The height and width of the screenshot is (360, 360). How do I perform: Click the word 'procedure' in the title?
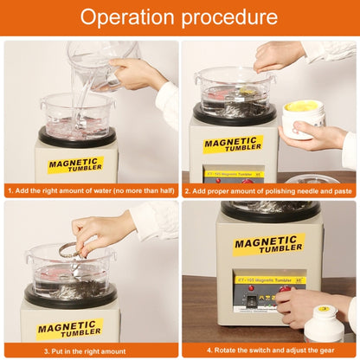point(233,17)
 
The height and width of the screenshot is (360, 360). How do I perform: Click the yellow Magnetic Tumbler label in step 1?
point(75,164)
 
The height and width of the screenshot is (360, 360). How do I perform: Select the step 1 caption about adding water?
point(90,189)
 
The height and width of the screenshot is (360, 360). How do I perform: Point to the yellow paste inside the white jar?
point(304,107)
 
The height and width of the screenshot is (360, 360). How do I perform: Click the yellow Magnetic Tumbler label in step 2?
point(233,144)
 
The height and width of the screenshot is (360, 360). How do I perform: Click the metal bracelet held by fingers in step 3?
point(68,250)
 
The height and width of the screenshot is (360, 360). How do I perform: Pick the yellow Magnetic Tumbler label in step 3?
point(70,328)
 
